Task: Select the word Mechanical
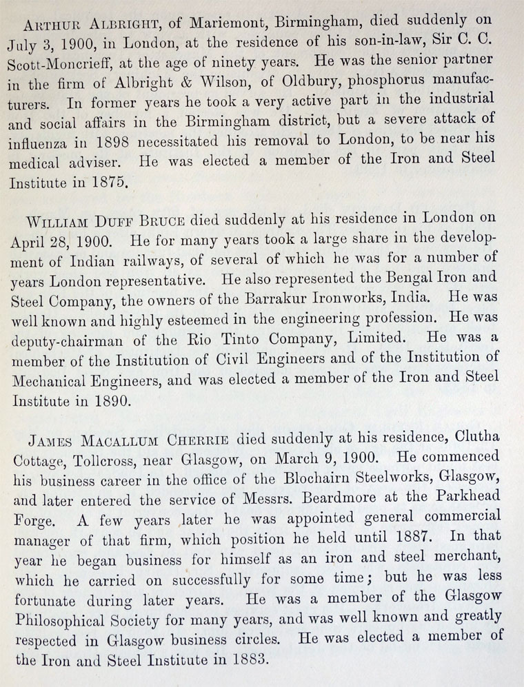pyautogui.click(x=54, y=398)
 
